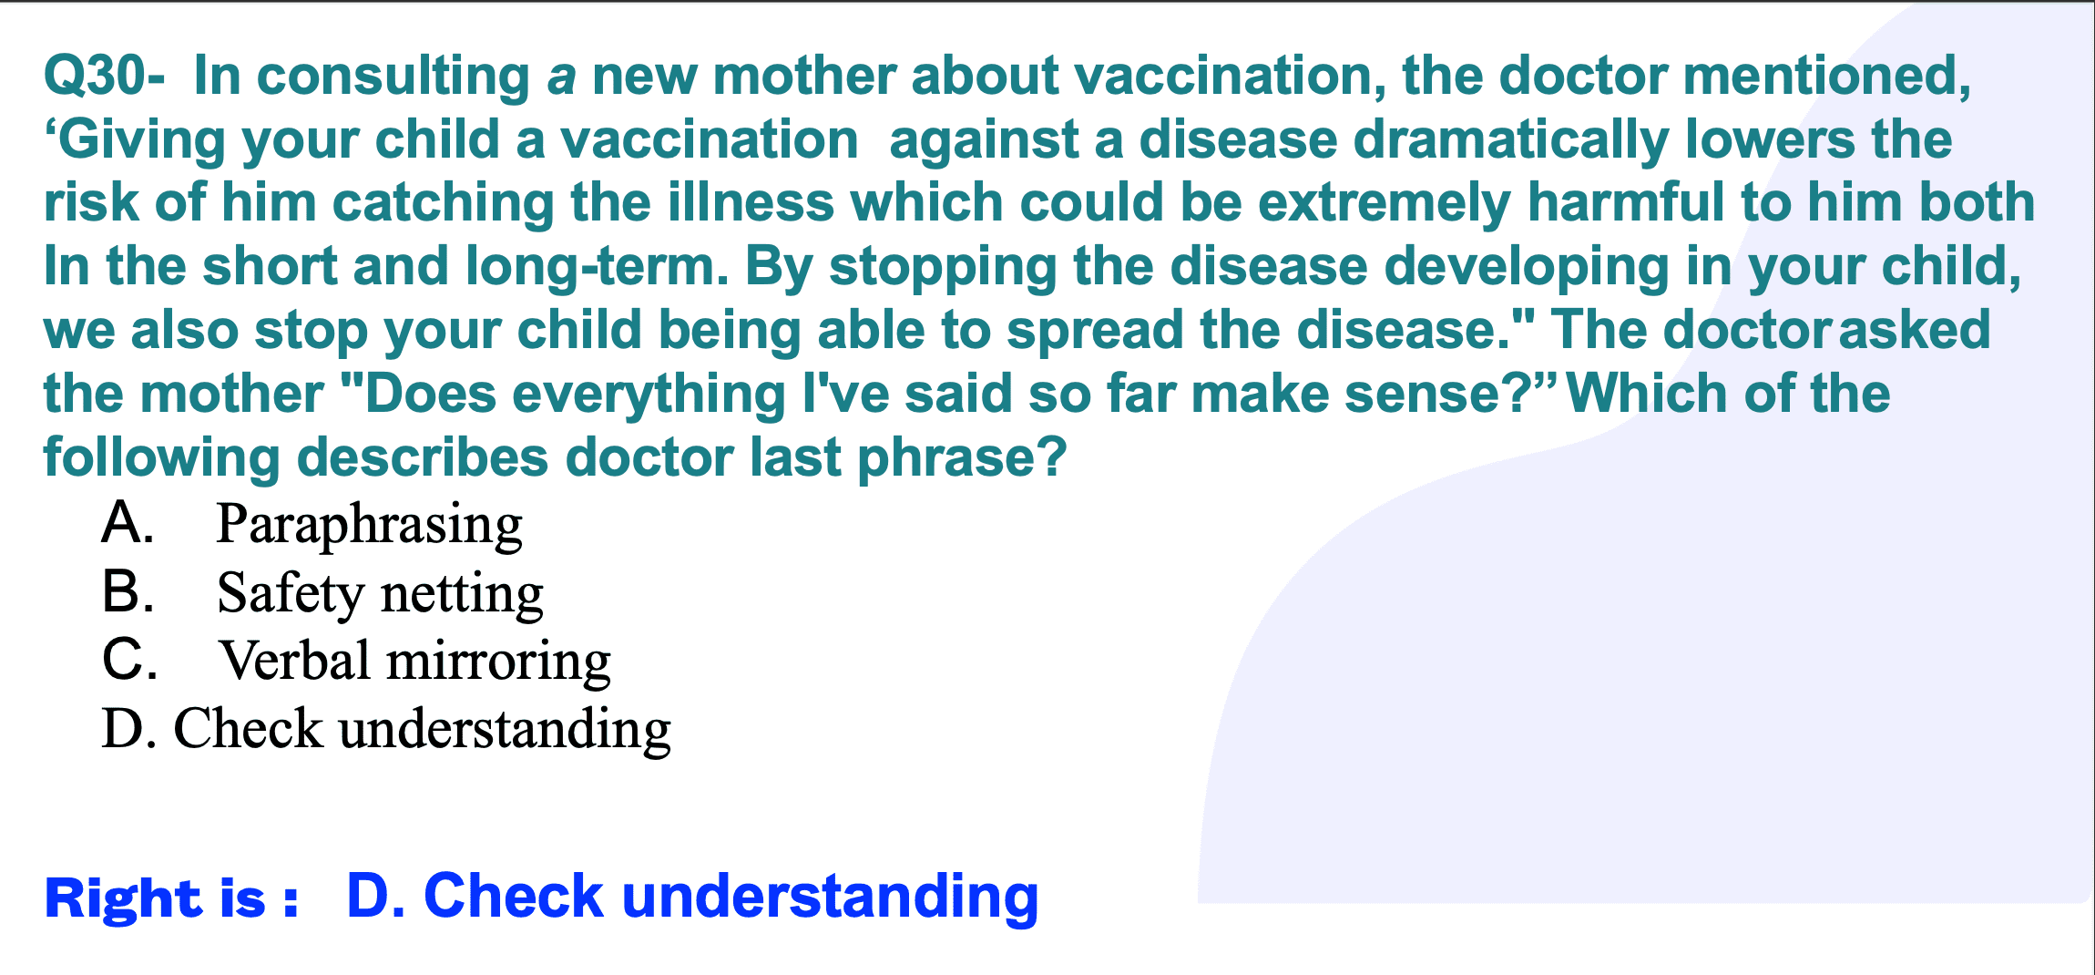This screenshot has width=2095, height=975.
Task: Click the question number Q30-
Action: pos(105,77)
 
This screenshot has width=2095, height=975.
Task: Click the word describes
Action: pos(423,457)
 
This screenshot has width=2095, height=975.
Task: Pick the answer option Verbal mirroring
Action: pos(414,662)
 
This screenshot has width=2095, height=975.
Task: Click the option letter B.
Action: pos(128,591)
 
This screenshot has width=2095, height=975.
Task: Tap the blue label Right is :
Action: pos(171,898)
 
